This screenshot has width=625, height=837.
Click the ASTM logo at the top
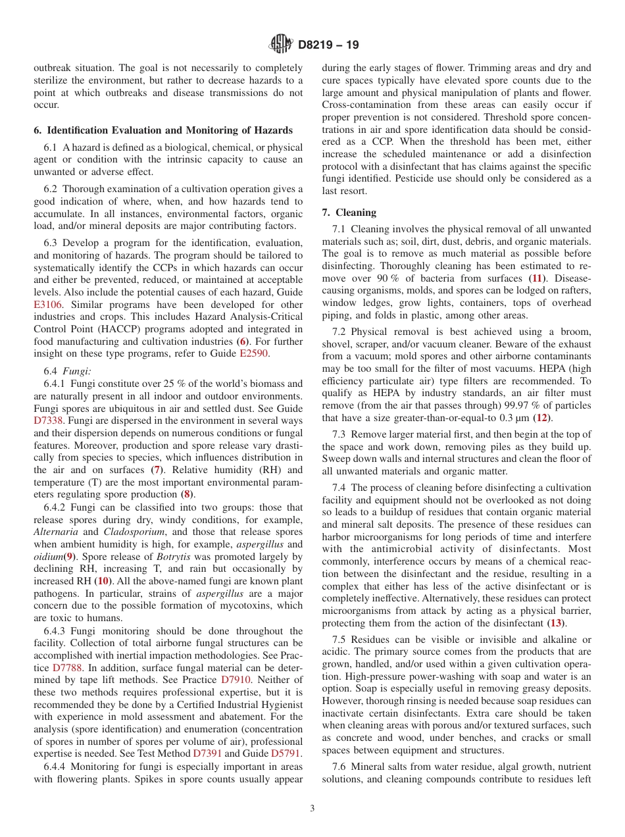(282, 45)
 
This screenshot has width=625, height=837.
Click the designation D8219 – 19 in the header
(328, 45)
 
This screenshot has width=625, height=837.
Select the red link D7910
(236, 679)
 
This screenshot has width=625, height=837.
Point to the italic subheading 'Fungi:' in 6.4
(76, 371)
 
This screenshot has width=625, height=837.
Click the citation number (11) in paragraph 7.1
(538, 278)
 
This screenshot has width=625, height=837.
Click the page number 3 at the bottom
(312, 808)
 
